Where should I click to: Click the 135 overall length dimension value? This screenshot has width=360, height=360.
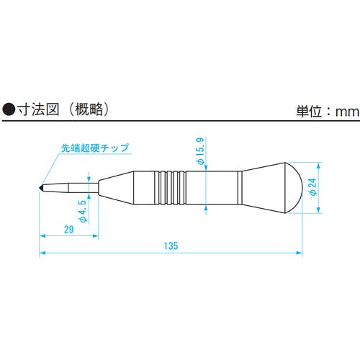tap(171, 246)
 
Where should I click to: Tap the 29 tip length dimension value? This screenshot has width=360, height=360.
tap(69, 230)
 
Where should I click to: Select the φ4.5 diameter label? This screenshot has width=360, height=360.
tap(82, 211)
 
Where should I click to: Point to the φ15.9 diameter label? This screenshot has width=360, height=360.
tap(200, 151)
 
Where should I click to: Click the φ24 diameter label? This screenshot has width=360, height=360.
tap(313, 187)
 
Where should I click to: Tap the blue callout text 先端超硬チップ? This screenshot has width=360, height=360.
tap(95, 148)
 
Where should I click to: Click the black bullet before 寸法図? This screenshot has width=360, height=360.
tap(9, 110)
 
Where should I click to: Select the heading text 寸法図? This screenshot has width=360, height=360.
tap(38, 110)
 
